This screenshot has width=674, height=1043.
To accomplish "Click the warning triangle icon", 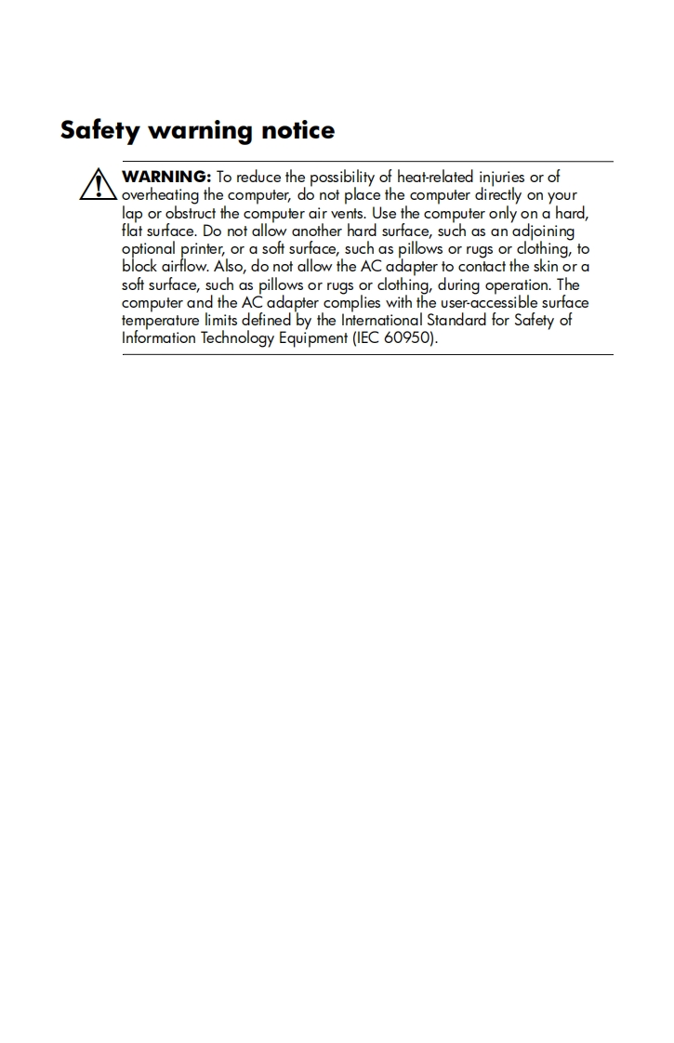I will pyautogui.click(x=96, y=184).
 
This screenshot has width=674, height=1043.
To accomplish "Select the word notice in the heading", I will pyautogui.click(x=297, y=130).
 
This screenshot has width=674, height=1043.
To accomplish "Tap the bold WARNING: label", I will pyautogui.click(x=167, y=177).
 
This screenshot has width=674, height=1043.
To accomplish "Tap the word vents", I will pyautogui.click(x=346, y=213).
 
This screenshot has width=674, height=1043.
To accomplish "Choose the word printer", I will pyautogui.click(x=204, y=249).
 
